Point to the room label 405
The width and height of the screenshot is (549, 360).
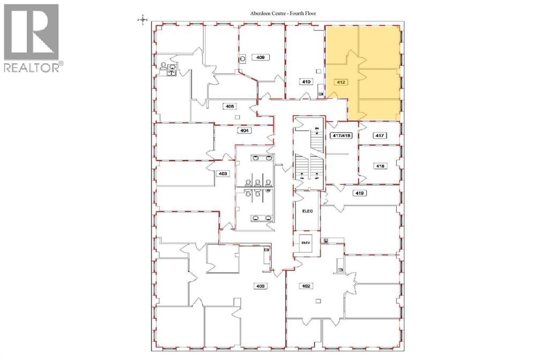click(x=230, y=107)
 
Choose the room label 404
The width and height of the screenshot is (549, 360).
click(x=244, y=130)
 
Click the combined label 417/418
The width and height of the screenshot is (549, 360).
click(x=341, y=136)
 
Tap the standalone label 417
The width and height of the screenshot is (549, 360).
click(x=380, y=136)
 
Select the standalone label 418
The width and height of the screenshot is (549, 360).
click(x=380, y=167)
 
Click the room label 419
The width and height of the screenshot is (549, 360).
click(x=359, y=192)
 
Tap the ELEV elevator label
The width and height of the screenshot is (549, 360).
click(x=306, y=242)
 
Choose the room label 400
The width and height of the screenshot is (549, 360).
click(x=260, y=286)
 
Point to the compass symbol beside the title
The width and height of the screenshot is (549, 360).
click(x=143, y=20)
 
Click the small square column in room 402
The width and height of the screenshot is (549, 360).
click(x=318, y=302)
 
